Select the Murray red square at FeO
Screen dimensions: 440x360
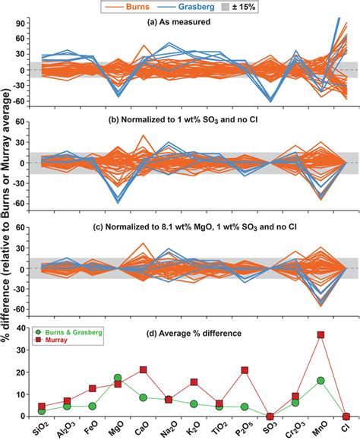click(92, 388)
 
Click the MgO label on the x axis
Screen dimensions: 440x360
click(118, 431)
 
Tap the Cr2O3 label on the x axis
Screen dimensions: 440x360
click(295, 431)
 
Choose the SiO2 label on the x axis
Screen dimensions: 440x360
click(41, 431)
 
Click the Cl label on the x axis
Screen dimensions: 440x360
click(346, 431)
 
